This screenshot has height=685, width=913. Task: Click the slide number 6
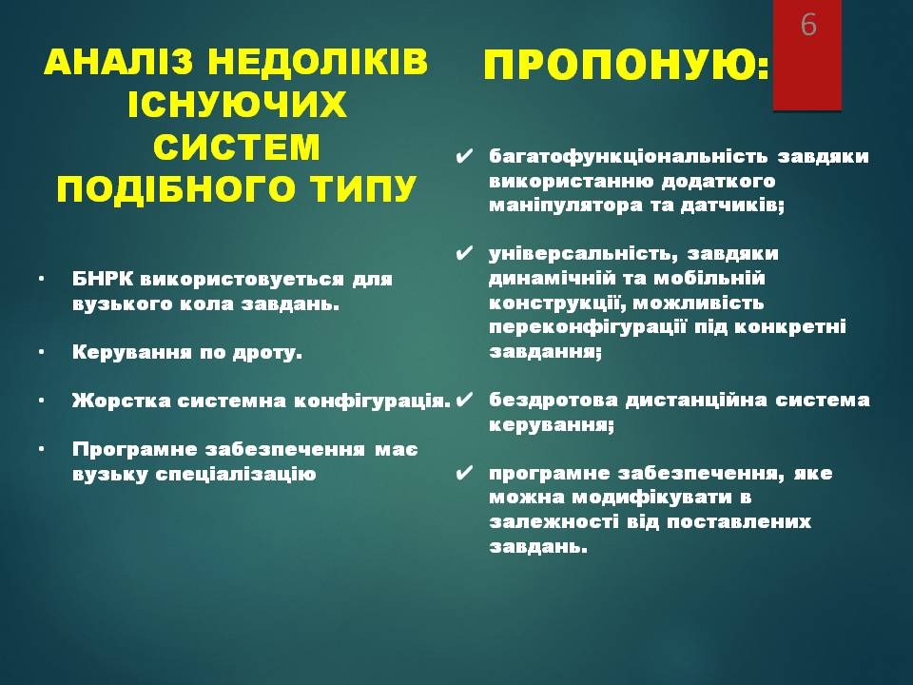tap(808, 25)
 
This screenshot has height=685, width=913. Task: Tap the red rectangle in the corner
tap(807, 55)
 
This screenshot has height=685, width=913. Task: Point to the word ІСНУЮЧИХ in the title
tap(237, 105)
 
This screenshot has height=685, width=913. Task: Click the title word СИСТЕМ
tap(237, 147)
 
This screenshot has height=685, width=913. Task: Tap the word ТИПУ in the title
tap(362, 188)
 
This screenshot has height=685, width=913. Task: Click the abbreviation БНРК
tap(103, 279)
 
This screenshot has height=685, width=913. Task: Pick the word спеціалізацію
tap(236, 474)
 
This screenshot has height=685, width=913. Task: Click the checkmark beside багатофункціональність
tap(464, 157)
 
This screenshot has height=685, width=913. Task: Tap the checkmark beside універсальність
tap(464, 254)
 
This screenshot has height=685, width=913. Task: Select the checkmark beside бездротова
tap(464, 401)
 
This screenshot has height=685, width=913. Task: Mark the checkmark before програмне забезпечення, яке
tap(464, 473)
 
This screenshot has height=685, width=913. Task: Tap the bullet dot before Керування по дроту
tap(41, 352)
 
